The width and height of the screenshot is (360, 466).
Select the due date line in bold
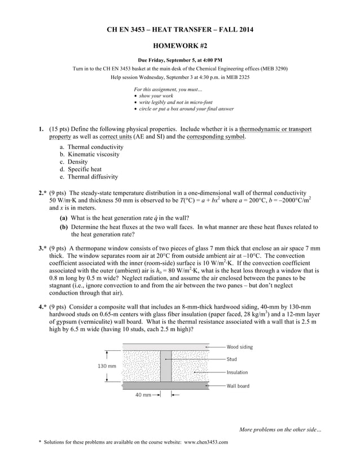coord(180,60)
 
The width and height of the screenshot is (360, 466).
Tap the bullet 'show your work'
coord(153,96)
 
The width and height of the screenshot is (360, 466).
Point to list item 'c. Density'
coord(73,161)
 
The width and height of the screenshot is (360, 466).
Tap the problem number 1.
coord(41,129)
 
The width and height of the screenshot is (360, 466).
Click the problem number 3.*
coord(42,248)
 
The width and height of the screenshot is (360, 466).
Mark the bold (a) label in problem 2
coord(64,218)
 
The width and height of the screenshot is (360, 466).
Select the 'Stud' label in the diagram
coord(232,359)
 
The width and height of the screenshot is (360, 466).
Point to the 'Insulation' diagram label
coord(237,372)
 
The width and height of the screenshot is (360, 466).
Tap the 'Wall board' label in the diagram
coord(238,386)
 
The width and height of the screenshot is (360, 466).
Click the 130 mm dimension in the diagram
coord(107,366)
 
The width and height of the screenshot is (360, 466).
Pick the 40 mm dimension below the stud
coord(143,395)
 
